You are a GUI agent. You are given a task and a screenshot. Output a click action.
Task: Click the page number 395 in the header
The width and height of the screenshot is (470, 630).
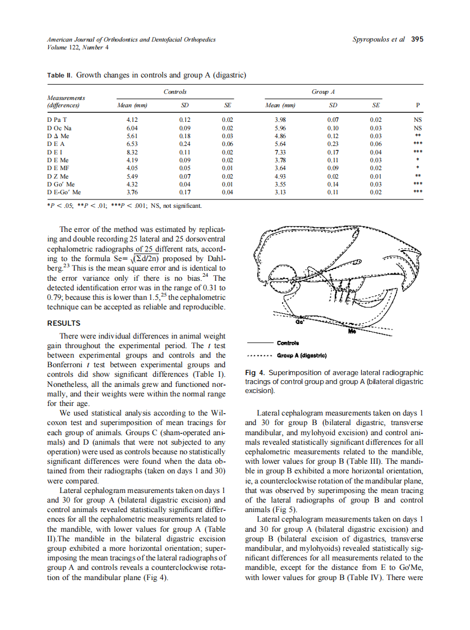(417, 39)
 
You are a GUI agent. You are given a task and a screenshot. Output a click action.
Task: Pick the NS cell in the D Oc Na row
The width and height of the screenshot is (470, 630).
(417, 128)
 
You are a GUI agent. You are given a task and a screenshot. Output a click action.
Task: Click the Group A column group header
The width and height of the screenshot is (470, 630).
(323, 92)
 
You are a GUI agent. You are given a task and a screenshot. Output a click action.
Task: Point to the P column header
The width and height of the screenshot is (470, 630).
(417, 106)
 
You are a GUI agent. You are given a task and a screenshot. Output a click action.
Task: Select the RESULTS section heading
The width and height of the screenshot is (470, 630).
(64, 323)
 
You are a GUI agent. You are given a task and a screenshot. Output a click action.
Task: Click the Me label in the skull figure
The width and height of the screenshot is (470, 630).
(352, 332)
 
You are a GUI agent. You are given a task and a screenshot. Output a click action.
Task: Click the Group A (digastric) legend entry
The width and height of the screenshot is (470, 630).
(302, 355)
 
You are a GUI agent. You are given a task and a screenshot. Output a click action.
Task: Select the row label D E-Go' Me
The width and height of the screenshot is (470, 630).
(64, 191)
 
